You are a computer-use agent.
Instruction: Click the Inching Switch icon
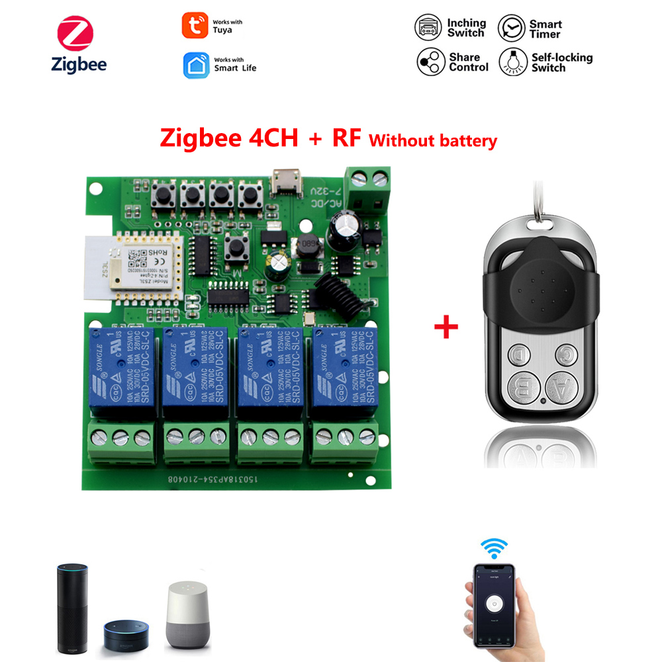428,28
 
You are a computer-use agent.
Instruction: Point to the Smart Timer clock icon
510,28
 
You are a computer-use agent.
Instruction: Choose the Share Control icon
430,62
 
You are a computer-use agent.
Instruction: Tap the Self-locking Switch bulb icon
512,62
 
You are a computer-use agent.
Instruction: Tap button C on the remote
566,355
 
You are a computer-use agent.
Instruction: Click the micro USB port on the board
285,181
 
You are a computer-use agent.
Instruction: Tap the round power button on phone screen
491,603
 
